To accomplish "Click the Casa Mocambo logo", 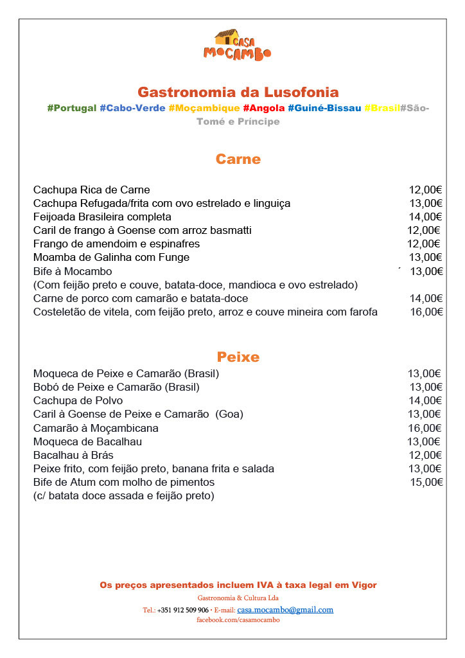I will [237, 45].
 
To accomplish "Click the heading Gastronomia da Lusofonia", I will [238, 92].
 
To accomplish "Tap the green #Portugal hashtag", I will [72, 108].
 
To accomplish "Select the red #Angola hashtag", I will [263, 108].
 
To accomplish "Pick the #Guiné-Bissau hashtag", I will [324, 108].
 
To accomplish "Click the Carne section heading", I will [238, 159].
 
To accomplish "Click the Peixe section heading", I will [238, 357].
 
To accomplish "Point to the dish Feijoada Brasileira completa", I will [102, 217].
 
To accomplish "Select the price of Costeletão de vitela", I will [426, 312].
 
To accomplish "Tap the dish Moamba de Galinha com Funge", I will [111, 257].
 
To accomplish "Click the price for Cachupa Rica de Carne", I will [425, 190].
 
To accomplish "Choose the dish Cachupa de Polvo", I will [78, 400].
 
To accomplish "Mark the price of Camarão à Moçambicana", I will [425, 428].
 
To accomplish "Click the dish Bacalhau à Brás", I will [73, 455].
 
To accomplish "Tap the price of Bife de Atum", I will [426, 482].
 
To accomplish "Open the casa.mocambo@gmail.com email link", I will [285, 610].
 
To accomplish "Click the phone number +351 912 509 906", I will [182, 610].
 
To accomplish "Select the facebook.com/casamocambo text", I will [238, 619].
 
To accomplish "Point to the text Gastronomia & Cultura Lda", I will [238, 598].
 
